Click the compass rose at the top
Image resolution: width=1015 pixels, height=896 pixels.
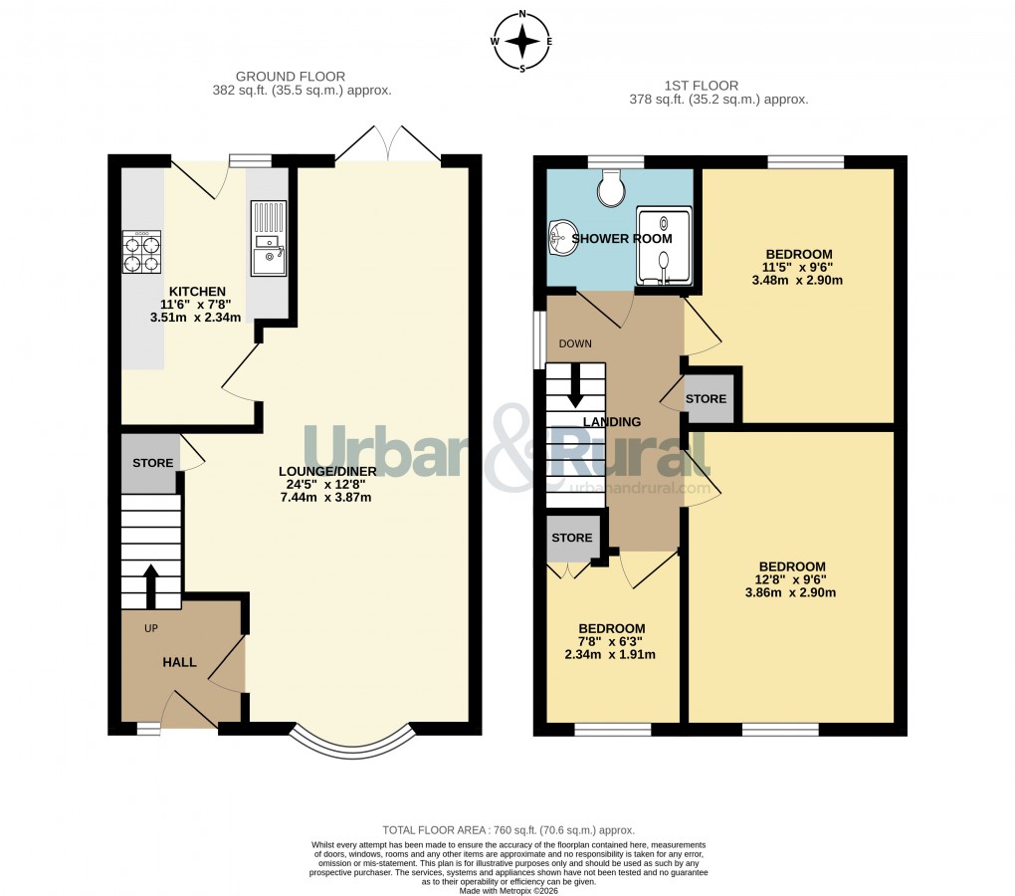coord(523,42)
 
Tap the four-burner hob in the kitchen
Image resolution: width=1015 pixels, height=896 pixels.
coord(141,253)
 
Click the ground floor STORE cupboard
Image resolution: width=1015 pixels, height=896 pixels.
coord(152,463)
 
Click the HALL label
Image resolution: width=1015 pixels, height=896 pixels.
coord(179,662)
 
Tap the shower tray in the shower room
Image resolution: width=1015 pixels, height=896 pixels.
coord(664,247)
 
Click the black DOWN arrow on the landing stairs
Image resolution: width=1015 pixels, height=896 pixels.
coord(574,386)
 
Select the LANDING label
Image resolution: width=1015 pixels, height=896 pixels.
coord(611,422)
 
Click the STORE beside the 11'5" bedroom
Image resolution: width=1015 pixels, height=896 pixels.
coord(707,398)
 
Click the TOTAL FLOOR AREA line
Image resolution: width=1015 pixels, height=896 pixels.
coord(508,829)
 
